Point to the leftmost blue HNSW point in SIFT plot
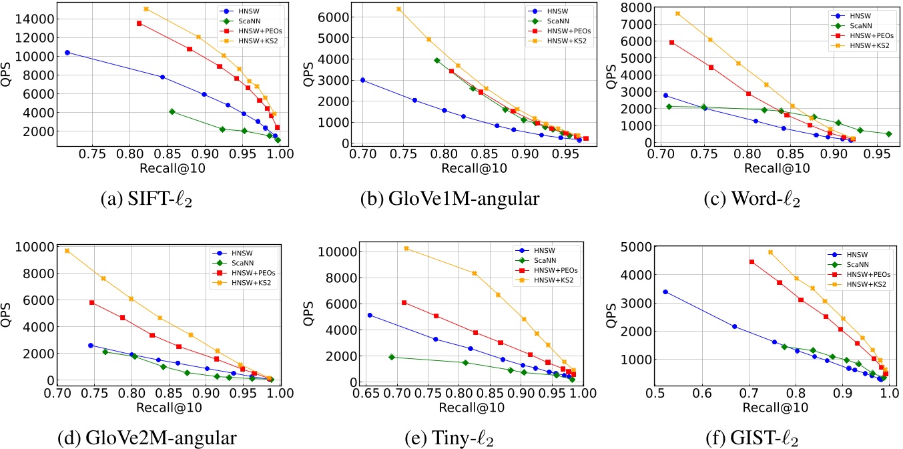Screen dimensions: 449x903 point(67,52)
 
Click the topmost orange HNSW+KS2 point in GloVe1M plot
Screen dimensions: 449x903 point(398,9)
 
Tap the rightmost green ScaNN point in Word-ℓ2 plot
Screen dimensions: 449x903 point(888,134)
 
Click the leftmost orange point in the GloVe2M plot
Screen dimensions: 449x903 point(67,251)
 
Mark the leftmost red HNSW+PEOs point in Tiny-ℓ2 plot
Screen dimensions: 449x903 point(404,303)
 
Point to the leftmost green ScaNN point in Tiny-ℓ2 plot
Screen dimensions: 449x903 point(392,357)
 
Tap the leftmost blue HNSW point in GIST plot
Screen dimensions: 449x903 point(665,292)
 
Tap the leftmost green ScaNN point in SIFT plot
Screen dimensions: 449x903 point(172,111)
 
